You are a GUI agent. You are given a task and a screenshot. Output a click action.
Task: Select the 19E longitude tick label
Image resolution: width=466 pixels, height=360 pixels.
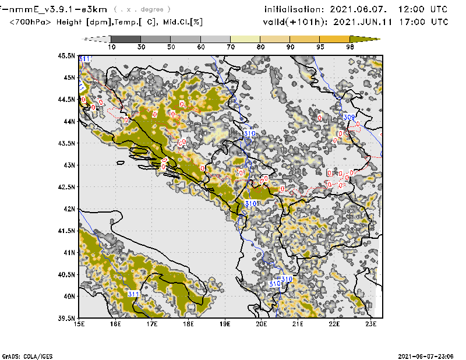point(225,324)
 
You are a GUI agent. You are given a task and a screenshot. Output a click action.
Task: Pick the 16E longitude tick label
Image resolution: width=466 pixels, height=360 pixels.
point(116,324)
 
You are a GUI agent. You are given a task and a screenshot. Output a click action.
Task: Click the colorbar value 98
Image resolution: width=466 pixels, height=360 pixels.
point(350,47)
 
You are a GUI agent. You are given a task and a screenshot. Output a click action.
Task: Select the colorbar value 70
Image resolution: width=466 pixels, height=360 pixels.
point(231,47)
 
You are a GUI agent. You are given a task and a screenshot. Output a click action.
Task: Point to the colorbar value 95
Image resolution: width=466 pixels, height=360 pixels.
point(320,47)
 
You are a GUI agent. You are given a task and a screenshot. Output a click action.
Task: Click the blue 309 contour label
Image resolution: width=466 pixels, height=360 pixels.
point(349,118)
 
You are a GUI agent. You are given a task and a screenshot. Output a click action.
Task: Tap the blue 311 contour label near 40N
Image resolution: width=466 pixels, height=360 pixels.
point(133,294)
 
